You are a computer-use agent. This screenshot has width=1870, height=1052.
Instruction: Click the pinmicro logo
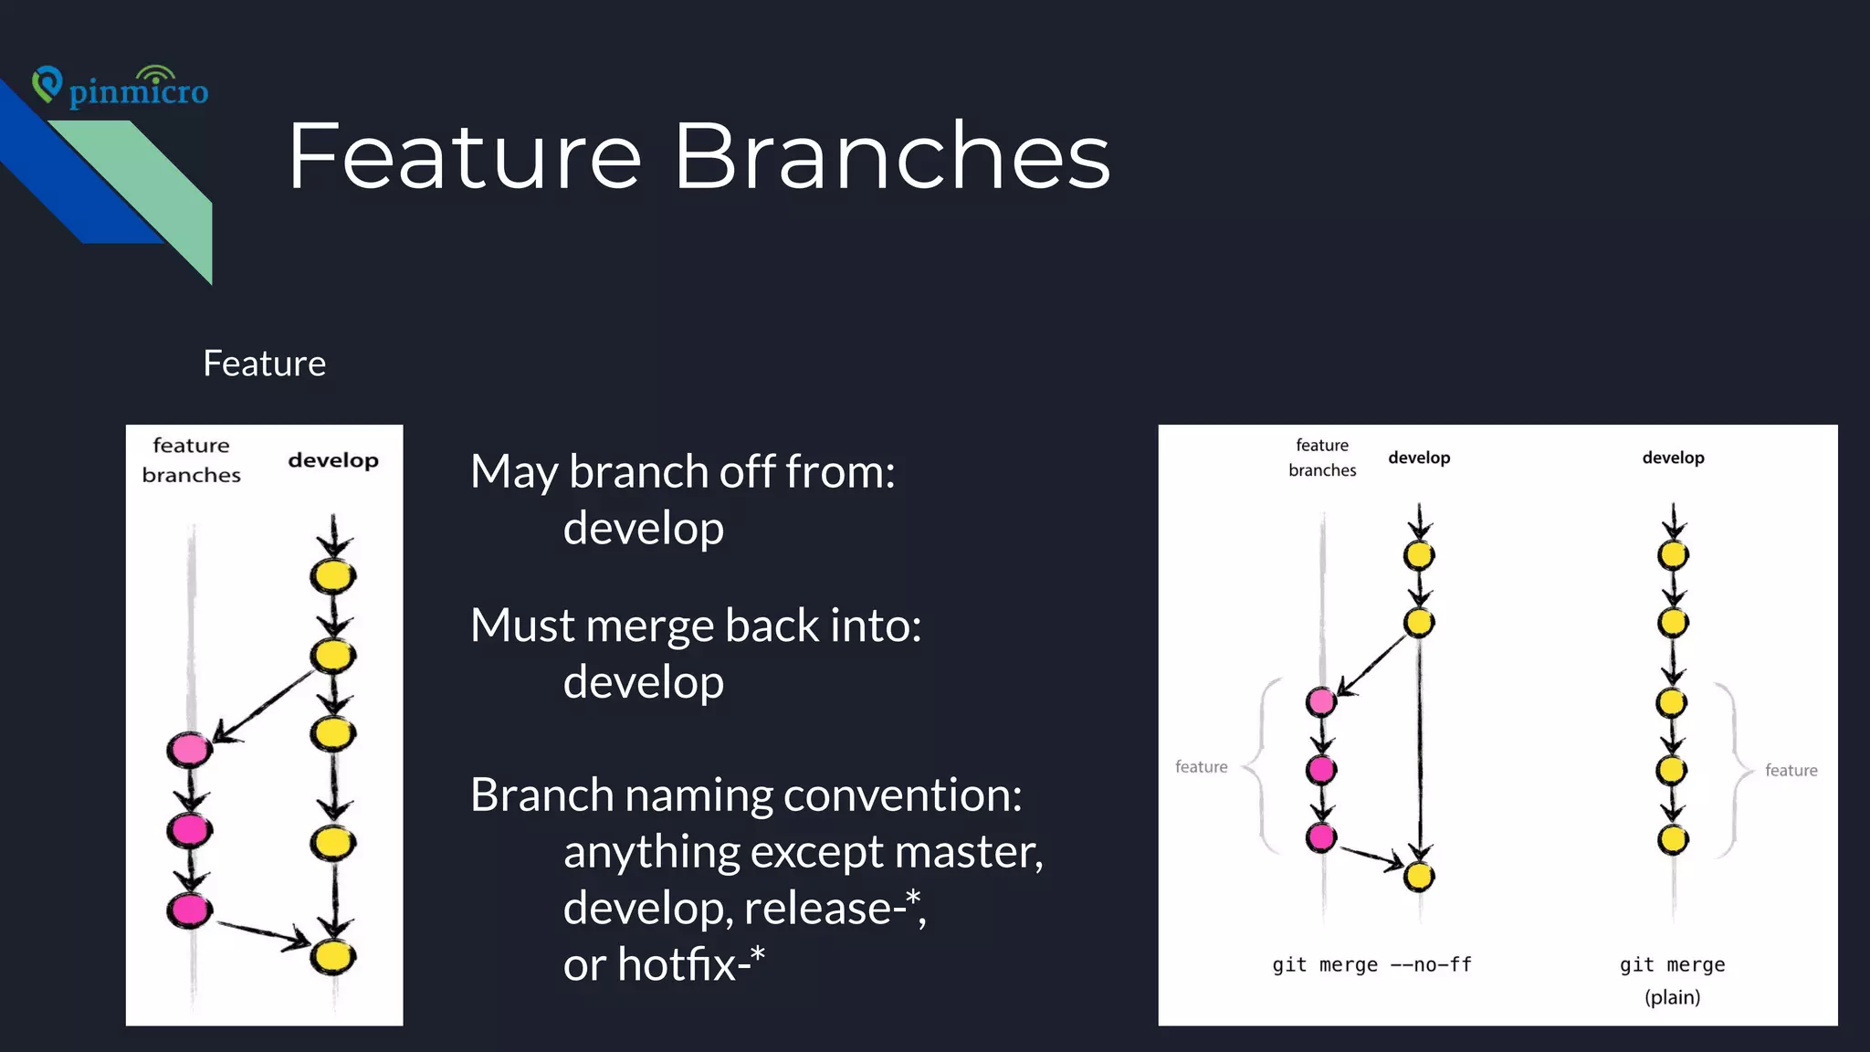click(x=121, y=88)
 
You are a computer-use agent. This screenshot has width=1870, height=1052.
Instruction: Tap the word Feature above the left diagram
click(x=264, y=363)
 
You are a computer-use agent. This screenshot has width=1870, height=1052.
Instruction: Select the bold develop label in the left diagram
click(x=333, y=460)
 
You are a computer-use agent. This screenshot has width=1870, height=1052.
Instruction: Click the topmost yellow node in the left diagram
click(x=332, y=576)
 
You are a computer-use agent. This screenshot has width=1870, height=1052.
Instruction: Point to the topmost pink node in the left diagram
click(x=189, y=750)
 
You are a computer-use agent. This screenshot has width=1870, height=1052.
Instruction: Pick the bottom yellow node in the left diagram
click(x=332, y=956)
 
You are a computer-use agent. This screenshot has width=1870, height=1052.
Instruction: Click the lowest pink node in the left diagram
click(x=189, y=910)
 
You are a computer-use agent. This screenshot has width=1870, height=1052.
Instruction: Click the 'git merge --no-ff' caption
click(x=1371, y=964)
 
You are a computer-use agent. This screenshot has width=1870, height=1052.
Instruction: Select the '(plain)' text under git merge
click(x=1672, y=997)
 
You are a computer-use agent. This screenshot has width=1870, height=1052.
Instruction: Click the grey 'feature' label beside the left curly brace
click(x=1201, y=767)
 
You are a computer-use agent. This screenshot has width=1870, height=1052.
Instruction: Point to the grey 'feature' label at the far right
click(x=1791, y=771)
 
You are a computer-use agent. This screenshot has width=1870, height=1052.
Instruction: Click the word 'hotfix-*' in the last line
click(x=691, y=964)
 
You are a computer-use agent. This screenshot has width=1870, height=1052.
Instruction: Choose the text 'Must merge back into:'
click(x=696, y=626)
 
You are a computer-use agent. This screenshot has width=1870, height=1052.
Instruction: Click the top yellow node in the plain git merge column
click(x=1673, y=554)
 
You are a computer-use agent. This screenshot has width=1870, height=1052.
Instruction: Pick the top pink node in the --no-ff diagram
click(x=1321, y=701)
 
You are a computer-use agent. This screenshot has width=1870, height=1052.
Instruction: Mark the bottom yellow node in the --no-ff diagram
click(x=1419, y=877)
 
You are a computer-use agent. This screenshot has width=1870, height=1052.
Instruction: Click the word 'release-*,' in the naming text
click(x=835, y=908)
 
